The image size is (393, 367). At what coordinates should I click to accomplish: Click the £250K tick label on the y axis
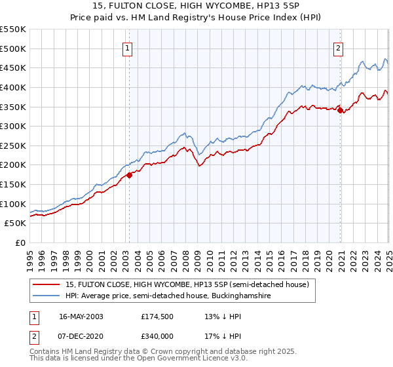click(13, 145)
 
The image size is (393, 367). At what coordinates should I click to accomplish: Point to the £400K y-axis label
click(13, 87)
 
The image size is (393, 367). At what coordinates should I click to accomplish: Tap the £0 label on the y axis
click(19, 242)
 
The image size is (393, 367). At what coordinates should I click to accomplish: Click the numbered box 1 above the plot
click(127, 47)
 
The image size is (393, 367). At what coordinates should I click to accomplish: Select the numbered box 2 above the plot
click(338, 47)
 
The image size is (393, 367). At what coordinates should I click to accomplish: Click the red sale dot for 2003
click(130, 174)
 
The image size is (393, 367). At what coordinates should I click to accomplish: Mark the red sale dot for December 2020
click(341, 110)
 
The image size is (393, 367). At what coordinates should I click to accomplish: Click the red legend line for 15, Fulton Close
click(47, 284)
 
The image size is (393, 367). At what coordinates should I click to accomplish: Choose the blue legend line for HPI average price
click(47, 296)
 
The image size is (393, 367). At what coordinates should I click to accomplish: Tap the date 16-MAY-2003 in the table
click(81, 316)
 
